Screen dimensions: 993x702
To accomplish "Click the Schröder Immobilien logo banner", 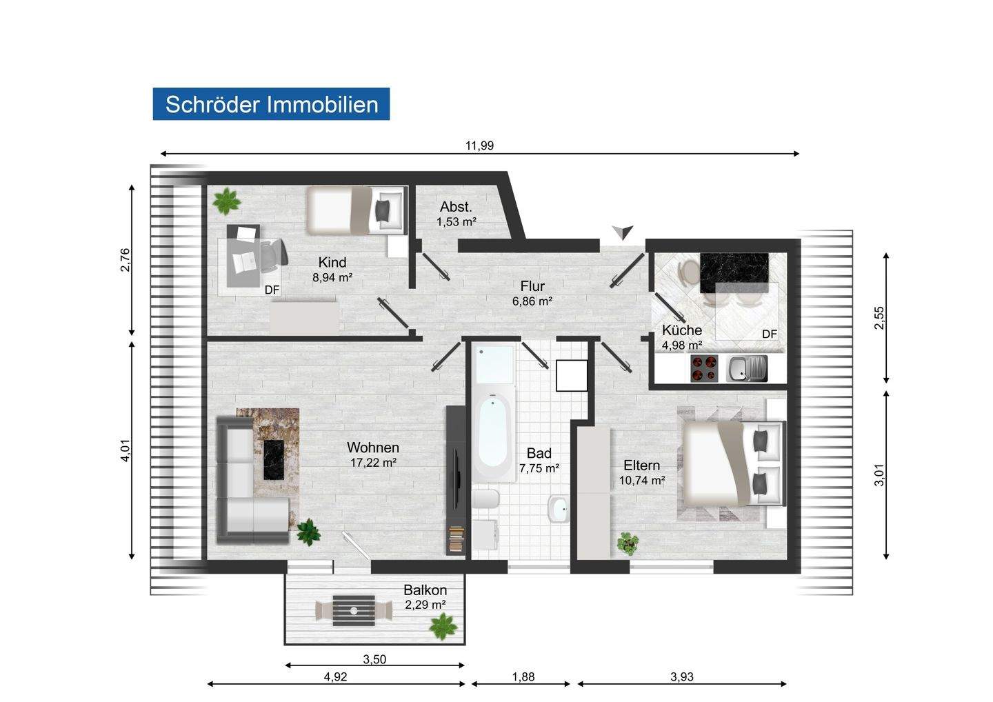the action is (271, 104).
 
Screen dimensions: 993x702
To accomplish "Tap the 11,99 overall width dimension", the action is (479, 146).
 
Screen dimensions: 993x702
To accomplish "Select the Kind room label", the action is (332, 262).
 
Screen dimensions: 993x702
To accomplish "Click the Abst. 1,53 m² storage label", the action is (457, 214).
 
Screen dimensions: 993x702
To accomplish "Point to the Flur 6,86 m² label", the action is (532, 293).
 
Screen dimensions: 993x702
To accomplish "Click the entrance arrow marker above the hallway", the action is (623, 232).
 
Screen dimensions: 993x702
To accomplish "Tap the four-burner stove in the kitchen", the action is (704, 368).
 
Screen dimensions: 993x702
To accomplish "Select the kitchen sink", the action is (747, 369).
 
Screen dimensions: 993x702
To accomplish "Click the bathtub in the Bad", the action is (493, 437).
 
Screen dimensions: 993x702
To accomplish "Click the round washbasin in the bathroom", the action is (559, 509).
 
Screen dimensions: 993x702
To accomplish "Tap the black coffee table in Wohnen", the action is (274, 459).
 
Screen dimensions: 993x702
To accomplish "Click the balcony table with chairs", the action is (353, 611).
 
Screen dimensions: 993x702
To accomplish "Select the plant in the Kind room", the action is (226, 201).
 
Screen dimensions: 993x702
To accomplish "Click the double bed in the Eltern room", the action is (733, 463).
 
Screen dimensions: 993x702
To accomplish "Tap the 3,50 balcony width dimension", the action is (374, 659).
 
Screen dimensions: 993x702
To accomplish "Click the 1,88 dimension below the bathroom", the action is (523, 676).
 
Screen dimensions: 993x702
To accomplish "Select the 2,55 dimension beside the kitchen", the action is (879, 318).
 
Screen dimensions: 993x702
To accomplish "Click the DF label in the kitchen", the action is (770, 334).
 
